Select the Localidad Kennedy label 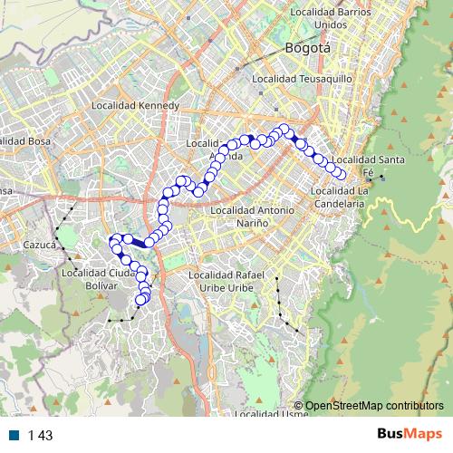coord(136,106)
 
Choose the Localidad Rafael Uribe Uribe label coord(236,281)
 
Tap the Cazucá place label coord(40,245)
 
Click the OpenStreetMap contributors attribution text coord(374,405)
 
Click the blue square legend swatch coord(15,435)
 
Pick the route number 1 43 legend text coord(41,435)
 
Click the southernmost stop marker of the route coord(140,301)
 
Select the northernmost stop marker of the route coord(284,129)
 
